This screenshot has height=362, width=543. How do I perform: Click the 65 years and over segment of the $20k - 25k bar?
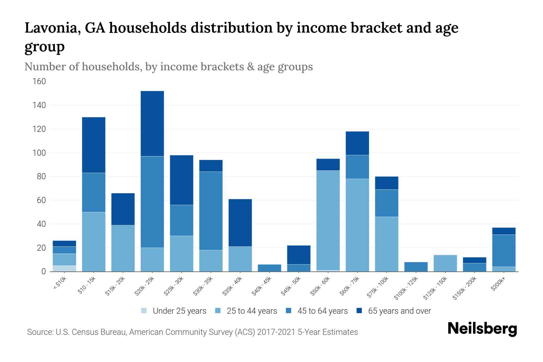[x=152, y=124]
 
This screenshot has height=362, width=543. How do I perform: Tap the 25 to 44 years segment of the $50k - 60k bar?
[x=328, y=220]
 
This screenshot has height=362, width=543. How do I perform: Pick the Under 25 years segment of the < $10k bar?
[x=64, y=268]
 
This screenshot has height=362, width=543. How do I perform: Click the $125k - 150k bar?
[x=445, y=263]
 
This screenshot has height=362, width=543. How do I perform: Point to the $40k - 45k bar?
[x=270, y=268]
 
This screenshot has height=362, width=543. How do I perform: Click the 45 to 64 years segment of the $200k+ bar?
[x=504, y=250]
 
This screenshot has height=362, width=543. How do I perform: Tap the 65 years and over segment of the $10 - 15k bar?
[x=94, y=145]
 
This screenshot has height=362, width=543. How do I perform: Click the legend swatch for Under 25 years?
[x=144, y=311]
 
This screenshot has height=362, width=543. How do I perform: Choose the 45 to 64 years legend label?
[x=322, y=311]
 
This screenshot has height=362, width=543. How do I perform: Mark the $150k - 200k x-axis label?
[x=465, y=288]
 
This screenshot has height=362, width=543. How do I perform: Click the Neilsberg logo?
[x=482, y=329]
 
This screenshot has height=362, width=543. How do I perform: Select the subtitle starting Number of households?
[x=168, y=67]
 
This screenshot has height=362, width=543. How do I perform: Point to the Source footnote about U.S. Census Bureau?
[x=192, y=332]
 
